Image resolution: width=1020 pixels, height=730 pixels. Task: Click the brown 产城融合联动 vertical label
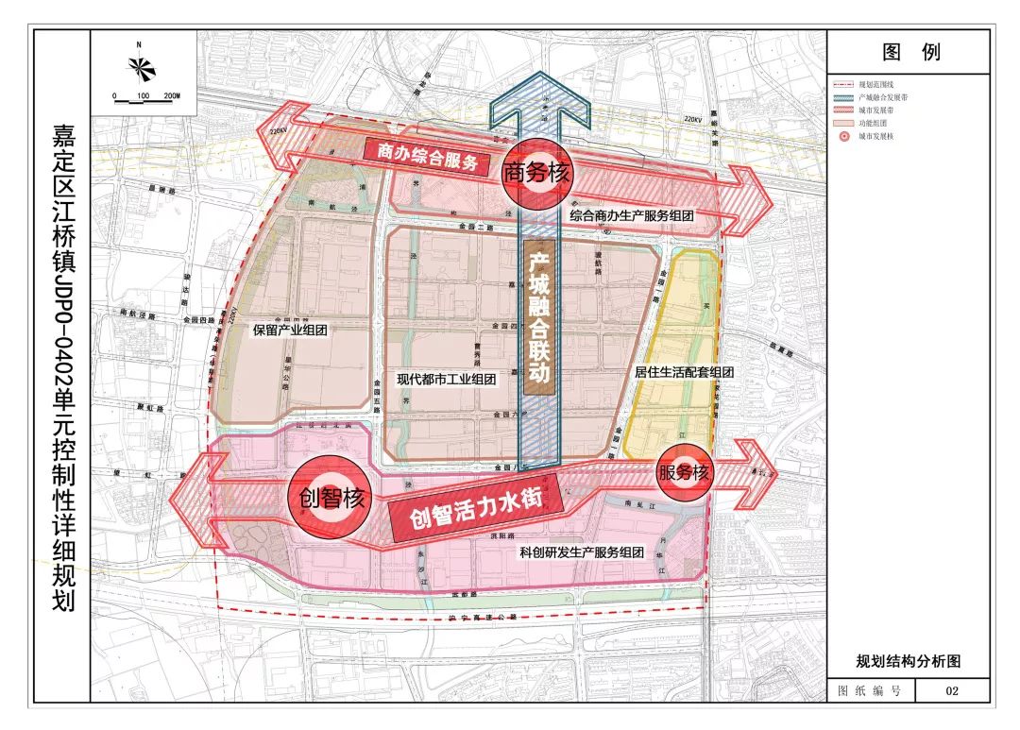[538, 316]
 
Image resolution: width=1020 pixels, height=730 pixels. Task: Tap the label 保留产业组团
[289, 331]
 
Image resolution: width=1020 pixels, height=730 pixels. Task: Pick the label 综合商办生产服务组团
[632, 216]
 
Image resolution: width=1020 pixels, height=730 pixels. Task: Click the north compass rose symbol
[139, 67]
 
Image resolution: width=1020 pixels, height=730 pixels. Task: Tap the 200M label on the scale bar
[171, 96]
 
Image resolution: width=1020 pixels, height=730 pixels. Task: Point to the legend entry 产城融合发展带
[883, 97]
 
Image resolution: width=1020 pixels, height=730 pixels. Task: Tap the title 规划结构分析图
[909, 662]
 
